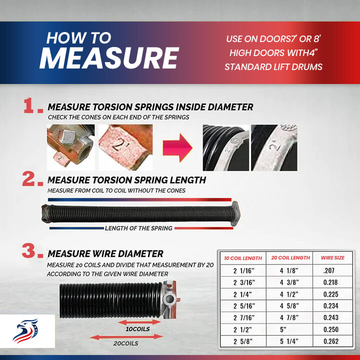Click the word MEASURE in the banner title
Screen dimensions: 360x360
tap(109, 57)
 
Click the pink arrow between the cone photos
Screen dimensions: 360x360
tap(177, 148)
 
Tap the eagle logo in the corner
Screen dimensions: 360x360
tap(25, 331)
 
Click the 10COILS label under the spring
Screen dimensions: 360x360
tap(138, 329)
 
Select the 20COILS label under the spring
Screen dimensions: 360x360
tap(126, 343)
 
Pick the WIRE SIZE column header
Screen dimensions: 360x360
tap(332, 258)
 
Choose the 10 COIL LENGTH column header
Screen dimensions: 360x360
tap(243, 258)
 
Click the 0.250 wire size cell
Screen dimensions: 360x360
tap(331, 329)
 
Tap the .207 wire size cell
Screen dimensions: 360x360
tap(329, 270)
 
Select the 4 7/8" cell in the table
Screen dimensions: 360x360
tap(289, 317)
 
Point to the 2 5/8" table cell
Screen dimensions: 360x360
tap(243, 341)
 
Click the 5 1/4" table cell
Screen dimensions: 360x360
tap(289, 341)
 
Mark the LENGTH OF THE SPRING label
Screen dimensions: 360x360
tap(138, 228)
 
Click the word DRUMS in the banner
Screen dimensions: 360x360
tap(308, 67)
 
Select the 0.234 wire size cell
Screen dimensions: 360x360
tap(331, 306)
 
